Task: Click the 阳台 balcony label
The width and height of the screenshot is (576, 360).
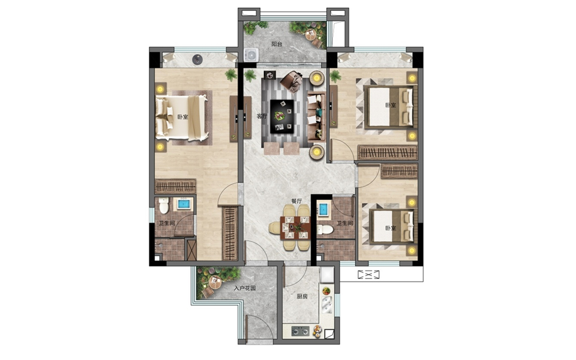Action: pos(277,44)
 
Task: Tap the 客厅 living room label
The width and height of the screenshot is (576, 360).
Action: pos(262,116)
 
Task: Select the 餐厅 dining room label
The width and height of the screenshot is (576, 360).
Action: pos(296,201)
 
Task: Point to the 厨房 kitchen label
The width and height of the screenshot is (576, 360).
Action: pos(302,296)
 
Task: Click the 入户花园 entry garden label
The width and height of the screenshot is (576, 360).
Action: pos(245,289)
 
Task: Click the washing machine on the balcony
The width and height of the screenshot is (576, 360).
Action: pos(251,55)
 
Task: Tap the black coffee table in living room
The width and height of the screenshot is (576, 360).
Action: pos(282,116)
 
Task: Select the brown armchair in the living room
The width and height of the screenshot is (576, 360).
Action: pos(292,81)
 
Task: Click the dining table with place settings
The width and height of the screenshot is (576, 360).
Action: pos(295,228)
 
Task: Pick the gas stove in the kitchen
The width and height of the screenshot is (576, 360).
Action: pos(301,331)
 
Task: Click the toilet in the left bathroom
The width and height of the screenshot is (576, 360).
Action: pos(164,206)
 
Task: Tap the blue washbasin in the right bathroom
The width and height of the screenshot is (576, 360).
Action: pos(323,209)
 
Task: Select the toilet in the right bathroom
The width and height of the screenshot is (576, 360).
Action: pos(325,230)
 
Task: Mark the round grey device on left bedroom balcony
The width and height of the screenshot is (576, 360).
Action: pos(197,59)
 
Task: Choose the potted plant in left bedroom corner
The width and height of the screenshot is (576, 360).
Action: pos(231,75)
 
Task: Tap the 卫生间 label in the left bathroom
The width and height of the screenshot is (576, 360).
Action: pos(166,223)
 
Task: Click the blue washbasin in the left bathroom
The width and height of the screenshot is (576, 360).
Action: pos(184,204)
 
